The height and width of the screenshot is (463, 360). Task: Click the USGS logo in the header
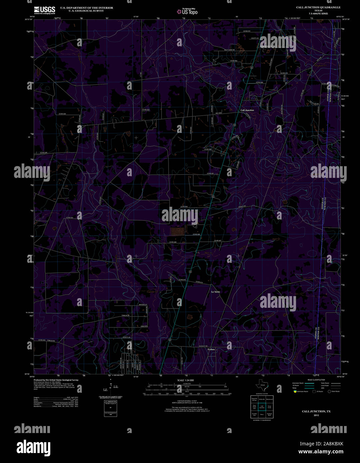[44, 10]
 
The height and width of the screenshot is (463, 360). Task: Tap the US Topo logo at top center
[187, 12]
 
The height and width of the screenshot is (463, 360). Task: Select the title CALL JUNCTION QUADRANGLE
[314, 7]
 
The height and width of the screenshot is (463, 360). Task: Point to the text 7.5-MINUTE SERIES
[314, 14]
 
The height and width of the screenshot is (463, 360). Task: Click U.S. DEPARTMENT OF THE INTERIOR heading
[86, 8]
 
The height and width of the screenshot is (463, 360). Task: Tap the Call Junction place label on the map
[247, 110]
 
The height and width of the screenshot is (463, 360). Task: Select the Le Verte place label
[215, 292]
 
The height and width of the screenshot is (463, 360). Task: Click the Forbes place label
[211, 349]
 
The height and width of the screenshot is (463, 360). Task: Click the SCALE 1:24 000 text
[185, 380]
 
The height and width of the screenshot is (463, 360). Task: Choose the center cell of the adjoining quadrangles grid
[262, 407]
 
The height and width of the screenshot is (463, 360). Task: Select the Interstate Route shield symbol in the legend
[295, 391]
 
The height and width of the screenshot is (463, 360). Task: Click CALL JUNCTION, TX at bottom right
[316, 412]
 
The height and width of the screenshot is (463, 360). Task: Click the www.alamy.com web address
[321, 452]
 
